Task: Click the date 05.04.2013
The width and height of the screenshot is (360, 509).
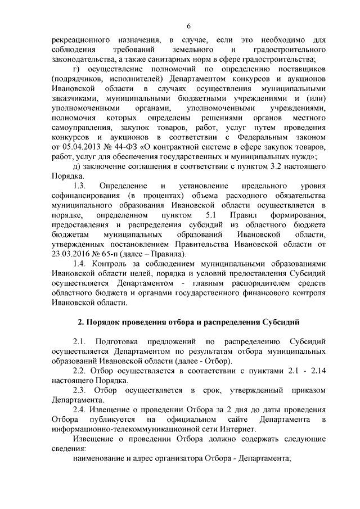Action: point(76,147)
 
